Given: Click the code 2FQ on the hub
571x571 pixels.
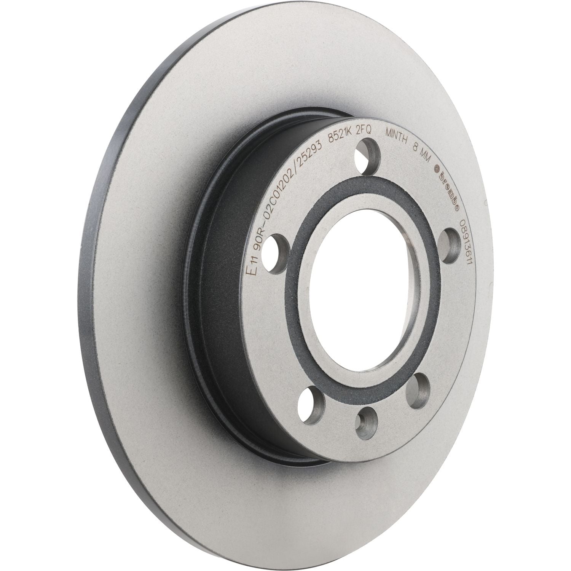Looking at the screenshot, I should (x=364, y=131).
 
